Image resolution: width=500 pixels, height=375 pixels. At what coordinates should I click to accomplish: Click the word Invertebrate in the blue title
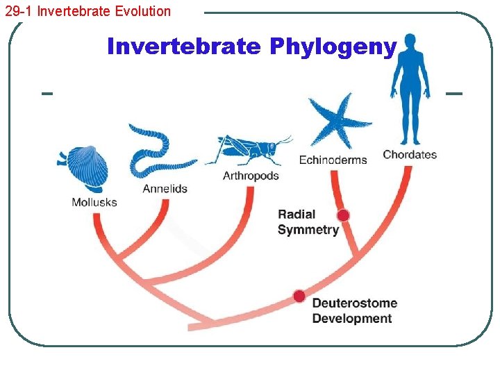point(184,47)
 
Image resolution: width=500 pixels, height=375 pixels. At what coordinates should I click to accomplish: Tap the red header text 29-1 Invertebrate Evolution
point(87,11)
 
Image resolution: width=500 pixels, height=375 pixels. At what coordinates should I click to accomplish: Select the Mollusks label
point(94,202)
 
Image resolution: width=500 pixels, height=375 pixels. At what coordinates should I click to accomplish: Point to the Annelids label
point(165,188)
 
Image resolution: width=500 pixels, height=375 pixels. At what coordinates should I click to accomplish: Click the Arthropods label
point(251,176)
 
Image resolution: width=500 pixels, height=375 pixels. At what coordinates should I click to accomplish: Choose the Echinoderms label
point(333,160)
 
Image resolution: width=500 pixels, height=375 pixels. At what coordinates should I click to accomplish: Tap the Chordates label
point(410,154)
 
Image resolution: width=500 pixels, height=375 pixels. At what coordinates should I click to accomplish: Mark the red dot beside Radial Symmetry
point(343,215)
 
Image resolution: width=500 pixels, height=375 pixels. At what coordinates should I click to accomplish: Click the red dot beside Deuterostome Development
point(299,297)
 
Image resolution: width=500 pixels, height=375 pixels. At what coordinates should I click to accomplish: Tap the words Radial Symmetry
point(308,222)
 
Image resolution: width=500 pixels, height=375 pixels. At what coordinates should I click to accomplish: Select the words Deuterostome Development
point(354,310)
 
